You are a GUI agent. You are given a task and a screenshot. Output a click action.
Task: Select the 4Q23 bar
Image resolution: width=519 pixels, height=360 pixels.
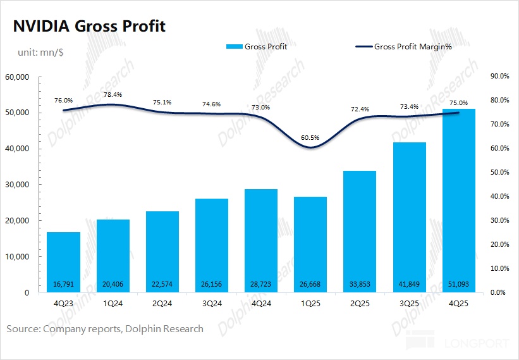[63, 262]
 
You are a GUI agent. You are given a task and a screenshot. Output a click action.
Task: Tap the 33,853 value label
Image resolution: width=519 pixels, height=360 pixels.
[360, 283]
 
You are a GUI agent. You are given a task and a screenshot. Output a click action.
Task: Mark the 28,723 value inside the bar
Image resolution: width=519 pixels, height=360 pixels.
[261, 283]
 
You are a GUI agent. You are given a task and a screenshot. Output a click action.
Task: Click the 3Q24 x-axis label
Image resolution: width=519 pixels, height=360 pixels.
[212, 302]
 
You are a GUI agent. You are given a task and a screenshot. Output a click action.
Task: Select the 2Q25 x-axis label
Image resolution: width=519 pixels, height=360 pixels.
[360, 302]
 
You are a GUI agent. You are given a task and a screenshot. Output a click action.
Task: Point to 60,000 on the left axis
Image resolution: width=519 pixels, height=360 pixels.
[17, 77]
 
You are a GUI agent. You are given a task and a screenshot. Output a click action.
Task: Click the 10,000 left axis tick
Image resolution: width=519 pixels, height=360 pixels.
[17, 257]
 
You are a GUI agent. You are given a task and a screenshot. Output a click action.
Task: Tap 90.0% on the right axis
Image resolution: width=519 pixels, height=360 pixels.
[499, 76]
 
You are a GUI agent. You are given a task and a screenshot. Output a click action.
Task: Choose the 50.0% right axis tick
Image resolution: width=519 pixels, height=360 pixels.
[499, 172]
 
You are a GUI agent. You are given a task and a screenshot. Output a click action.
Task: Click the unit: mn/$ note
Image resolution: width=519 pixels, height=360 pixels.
[35, 53]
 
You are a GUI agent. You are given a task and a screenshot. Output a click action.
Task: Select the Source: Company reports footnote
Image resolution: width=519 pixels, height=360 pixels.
[105, 328]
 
